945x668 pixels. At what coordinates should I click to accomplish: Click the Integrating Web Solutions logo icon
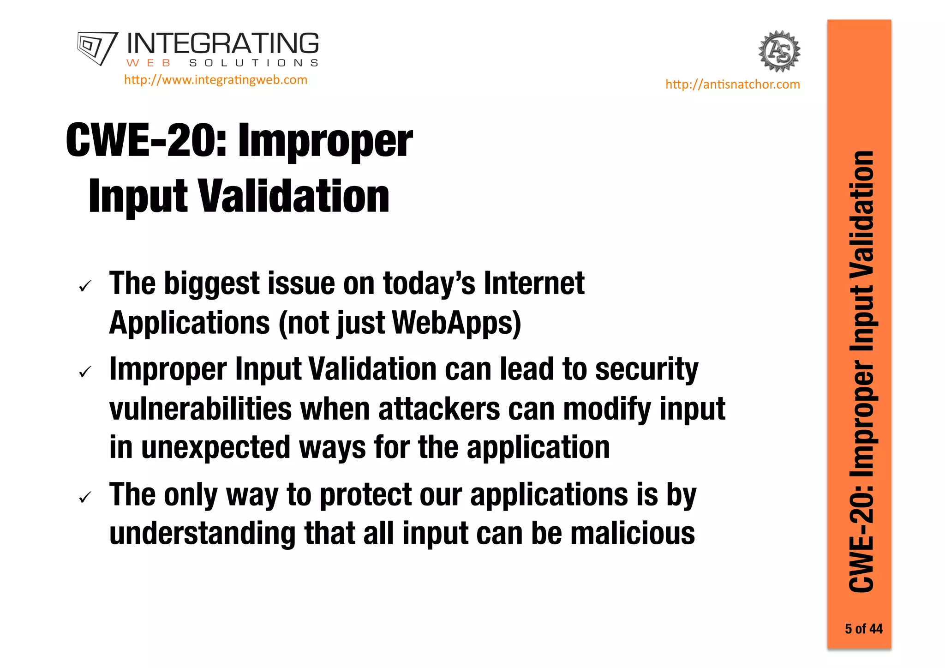click(97, 48)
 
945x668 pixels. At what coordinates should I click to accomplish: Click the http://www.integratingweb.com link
click(215, 80)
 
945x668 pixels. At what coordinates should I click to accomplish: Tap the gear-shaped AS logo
click(779, 51)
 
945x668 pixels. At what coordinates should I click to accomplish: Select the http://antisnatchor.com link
click(732, 84)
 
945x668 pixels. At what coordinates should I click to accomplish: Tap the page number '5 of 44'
click(863, 629)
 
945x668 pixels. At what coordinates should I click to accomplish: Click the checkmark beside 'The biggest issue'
click(85, 287)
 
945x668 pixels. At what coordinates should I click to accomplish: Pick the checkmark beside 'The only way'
click(85, 498)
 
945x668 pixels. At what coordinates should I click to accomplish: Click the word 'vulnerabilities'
click(201, 409)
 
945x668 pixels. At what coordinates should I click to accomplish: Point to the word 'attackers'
click(439, 409)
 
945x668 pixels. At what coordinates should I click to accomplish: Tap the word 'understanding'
click(202, 533)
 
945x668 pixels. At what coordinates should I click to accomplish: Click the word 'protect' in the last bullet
click(365, 495)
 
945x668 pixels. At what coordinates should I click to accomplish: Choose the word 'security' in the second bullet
click(646, 369)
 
